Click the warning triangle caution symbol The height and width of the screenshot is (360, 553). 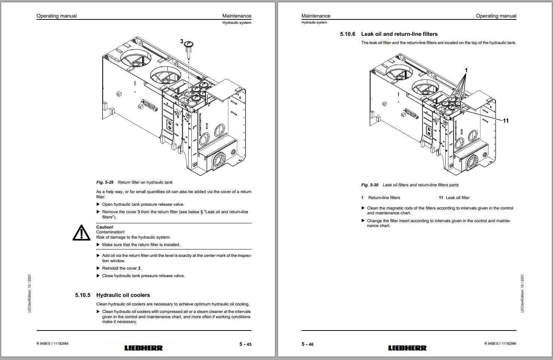[81, 233]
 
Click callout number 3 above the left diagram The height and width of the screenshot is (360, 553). [182, 41]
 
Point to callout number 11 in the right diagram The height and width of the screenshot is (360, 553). [506, 121]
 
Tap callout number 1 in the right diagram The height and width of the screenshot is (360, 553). [466, 70]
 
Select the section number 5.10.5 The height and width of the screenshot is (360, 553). [83, 295]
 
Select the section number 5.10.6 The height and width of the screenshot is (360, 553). [347, 34]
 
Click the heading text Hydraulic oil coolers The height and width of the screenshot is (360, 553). [123, 295]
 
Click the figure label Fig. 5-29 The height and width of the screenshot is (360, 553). [105, 182]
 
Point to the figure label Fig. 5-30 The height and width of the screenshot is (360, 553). [370, 185]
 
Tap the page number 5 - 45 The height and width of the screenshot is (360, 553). [245, 344]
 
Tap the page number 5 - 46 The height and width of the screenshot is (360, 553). [308, 344]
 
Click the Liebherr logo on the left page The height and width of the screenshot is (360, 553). [143, 348]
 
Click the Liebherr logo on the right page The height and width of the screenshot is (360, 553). [407, 348]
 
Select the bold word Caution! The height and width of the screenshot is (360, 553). [105, 227]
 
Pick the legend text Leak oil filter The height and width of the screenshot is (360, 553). [457, 198]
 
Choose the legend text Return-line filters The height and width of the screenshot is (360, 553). [384, 198]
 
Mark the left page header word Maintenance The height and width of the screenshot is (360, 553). [237, 16]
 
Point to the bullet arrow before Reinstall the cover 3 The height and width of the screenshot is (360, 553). [98, 268]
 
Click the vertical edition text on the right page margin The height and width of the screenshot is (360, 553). [522, 294]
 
